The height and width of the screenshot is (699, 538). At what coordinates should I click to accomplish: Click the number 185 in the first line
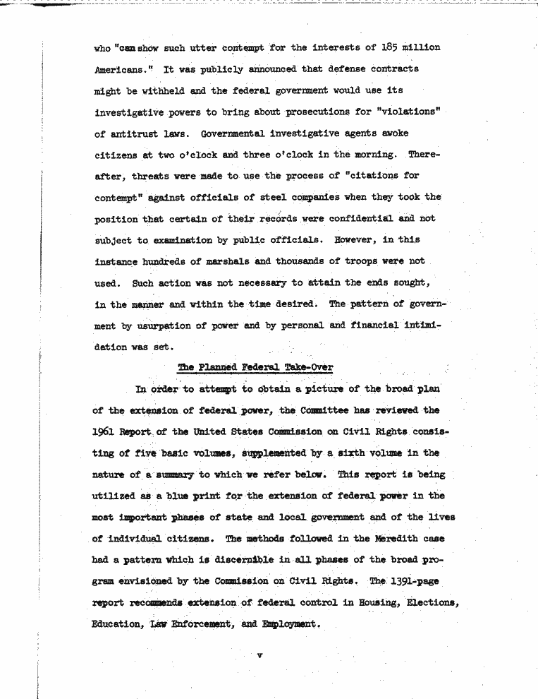click(x=389, y=48)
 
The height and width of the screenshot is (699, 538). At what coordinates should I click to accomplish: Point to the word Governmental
click(x=236, y=134)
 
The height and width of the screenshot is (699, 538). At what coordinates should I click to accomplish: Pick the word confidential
click(x=346, y=219)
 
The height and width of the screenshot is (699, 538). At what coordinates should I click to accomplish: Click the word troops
click(x=369, y=261)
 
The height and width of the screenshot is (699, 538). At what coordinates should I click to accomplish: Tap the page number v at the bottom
click(x=259, y=656)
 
